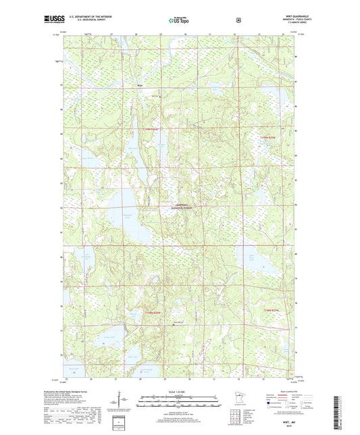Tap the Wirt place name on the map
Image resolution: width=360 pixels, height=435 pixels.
click(140, 86)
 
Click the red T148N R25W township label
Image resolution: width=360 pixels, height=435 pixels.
click(269, 310)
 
